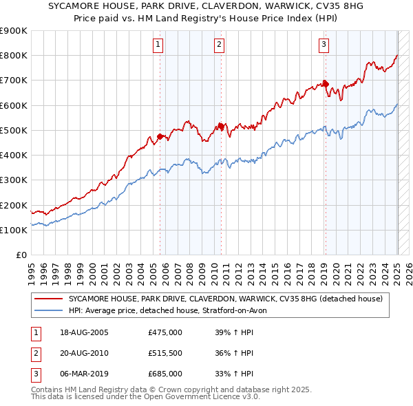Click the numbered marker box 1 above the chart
point(158,45)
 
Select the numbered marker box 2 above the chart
point(219,45)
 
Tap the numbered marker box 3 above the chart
point(324,45)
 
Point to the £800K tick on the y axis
point(14,56)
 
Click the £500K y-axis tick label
point(14,130)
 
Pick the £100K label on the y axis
point(14,230)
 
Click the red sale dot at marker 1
point(160,136)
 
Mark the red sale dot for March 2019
point(325,84)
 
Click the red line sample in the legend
point(49,299)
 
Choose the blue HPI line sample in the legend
point(49,310)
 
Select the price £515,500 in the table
point(165,353)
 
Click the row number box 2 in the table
point(34,353)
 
